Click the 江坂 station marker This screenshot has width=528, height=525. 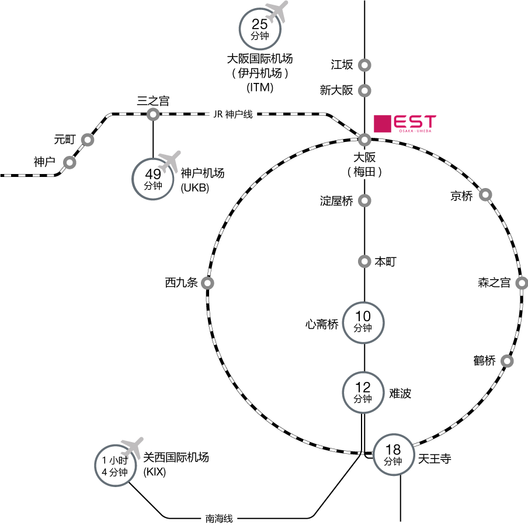364,65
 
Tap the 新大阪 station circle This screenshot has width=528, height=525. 364,91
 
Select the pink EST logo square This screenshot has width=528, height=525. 382,124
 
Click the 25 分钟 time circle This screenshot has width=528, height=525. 260,29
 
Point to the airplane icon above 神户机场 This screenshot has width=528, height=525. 170,161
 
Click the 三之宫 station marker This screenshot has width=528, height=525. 153,114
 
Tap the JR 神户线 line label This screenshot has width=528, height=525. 232,114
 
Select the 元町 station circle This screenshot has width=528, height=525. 88,140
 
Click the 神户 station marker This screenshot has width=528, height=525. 70,163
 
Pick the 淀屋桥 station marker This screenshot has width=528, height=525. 364,201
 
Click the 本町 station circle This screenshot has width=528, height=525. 364,261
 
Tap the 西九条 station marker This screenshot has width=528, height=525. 207,283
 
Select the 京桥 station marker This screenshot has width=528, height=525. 485,194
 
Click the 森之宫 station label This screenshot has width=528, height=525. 494,283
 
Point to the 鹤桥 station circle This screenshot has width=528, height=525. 507,361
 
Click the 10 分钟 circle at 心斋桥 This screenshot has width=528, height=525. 363,322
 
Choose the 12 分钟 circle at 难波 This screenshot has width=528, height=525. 363,392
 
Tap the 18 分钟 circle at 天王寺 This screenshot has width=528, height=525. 393,454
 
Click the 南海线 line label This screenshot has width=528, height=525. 219,518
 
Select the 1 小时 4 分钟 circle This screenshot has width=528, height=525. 115,466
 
